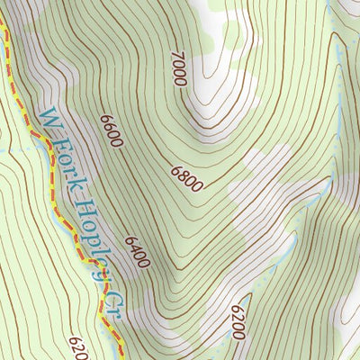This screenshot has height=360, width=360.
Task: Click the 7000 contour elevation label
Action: (177, 69)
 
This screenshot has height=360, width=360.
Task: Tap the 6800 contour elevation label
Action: (185, 177)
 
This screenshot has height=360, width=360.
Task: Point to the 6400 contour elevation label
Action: (138, 253)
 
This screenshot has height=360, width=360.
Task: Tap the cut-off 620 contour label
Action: (77, 347)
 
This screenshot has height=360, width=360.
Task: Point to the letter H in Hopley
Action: (83, 203)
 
